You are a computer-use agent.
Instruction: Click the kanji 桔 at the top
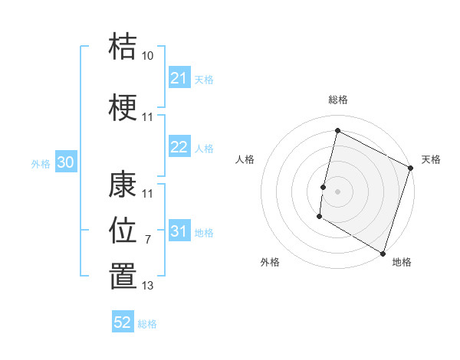(123, 47)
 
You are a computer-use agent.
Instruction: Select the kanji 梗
(123, 107)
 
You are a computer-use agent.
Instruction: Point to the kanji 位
(123, 229)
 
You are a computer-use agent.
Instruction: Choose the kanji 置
(123, 276)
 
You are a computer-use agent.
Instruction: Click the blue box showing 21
(179, 78)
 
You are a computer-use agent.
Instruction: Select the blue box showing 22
(179, 148)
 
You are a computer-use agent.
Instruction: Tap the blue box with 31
(179, 231)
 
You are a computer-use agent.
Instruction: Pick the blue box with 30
(65, 162)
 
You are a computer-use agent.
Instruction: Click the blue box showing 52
(123, 322)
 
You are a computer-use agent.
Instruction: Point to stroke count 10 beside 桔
(147, 56)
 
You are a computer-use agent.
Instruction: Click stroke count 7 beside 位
(147, 240)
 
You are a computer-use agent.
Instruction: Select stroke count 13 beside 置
(147, 286)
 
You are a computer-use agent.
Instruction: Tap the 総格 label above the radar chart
(337, 100)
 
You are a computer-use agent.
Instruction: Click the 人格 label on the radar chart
(245, 159)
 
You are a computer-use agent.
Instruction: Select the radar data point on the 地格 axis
(383, 253)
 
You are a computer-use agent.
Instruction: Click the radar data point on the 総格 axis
(337, 131)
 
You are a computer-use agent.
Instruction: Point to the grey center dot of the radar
(337, 191)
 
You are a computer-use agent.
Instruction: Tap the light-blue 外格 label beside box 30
(40, 163)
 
